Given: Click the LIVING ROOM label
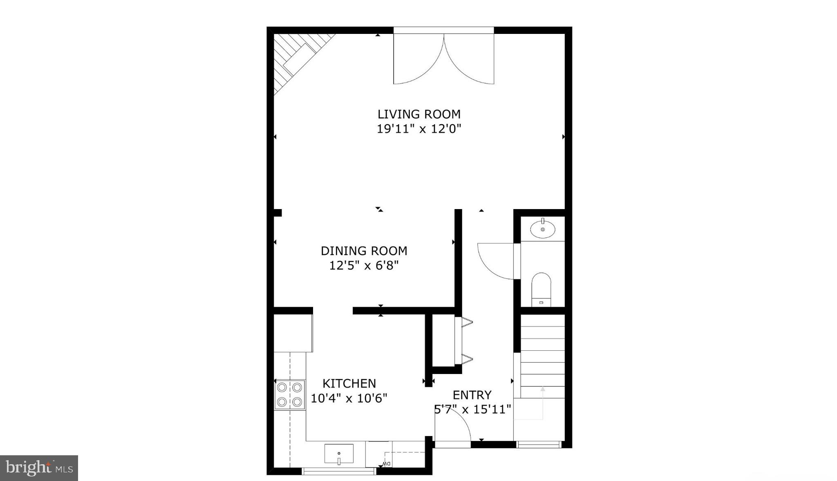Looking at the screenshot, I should click(x=419, y=114).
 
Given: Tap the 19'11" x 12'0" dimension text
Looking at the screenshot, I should click(x=419, y=129).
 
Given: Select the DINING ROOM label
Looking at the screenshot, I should click(x=364, y=251).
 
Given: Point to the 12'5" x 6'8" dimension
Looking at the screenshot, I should click(x=364, y=266).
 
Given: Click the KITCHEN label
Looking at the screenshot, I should click(x=349, y=383).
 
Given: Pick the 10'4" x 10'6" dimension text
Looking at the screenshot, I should click(x=349, y=398).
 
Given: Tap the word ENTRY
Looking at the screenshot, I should click(x=472, y=395).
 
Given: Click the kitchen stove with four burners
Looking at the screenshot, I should click(x=289, y=395).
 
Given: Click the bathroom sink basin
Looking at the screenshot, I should click(x=543, y=229).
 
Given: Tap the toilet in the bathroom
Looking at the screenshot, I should click(x=542, y=288).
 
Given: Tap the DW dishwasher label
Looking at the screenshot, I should click(x=387, y=464).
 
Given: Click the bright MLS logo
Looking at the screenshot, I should click(x=39, y=468).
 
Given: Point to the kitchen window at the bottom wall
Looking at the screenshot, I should click(x=338, y=472).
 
